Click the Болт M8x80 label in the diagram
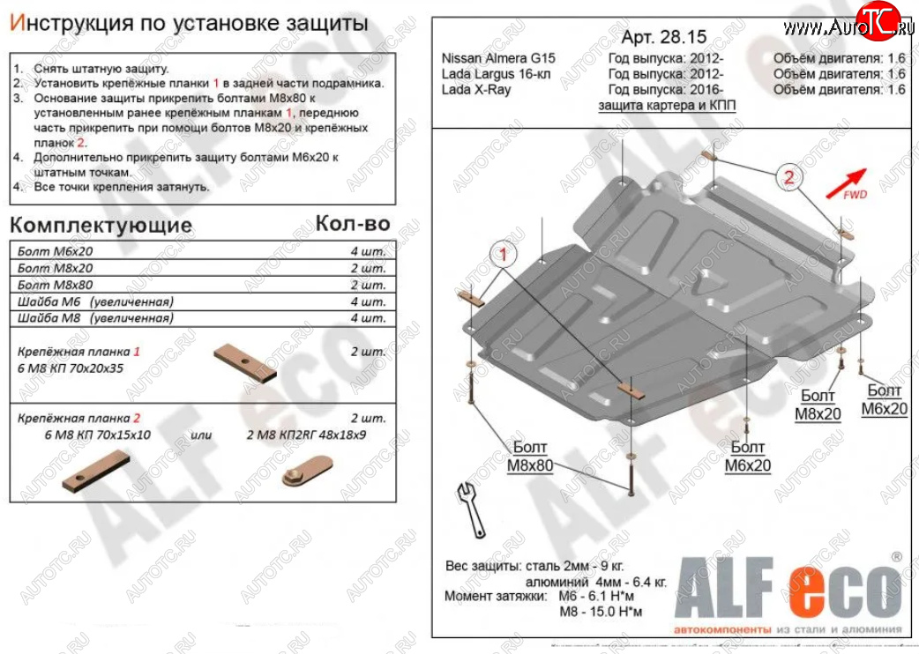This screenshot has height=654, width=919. (x=528, y=456)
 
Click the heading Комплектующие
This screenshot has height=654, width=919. (x=101, y=225)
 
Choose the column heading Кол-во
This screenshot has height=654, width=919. (x=352, y=224)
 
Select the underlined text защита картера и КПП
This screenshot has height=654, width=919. (x=667, y=105)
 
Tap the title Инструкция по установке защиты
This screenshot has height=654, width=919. (x=188, y=24)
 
